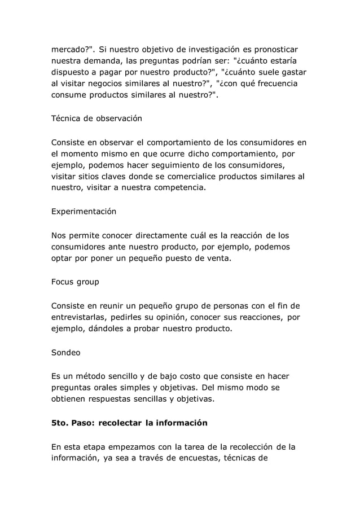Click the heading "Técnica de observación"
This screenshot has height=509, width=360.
96,119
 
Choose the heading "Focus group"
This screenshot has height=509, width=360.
76,282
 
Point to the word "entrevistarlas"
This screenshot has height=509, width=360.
81,317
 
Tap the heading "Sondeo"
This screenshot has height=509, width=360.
65,353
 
